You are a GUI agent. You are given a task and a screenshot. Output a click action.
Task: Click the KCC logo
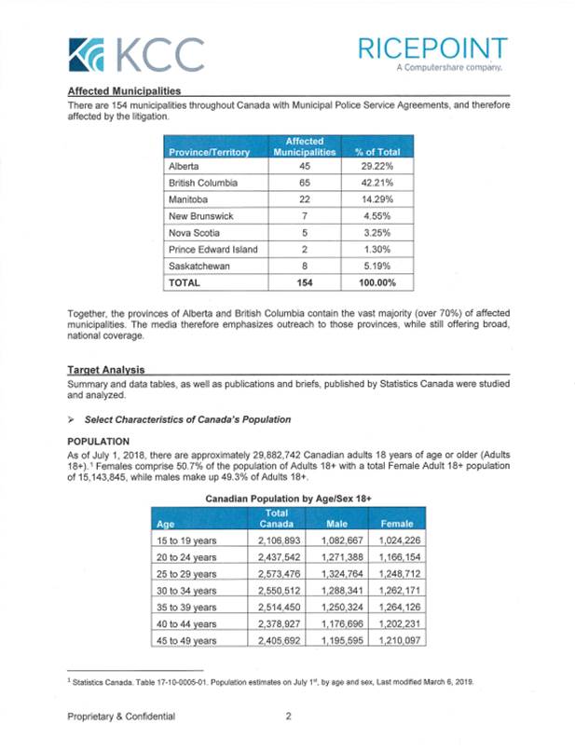136,55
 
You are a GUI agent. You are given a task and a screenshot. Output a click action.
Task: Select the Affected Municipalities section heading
125,91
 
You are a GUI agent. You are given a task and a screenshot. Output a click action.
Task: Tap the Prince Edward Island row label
212,249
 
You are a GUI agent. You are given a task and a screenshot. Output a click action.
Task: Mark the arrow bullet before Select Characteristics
72,418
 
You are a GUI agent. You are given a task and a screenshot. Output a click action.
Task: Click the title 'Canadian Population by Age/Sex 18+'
288,499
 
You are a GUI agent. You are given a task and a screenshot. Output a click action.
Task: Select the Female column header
397,524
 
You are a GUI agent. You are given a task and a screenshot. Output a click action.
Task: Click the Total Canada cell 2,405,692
285,640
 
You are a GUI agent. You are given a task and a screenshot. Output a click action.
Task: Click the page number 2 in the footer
289,716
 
